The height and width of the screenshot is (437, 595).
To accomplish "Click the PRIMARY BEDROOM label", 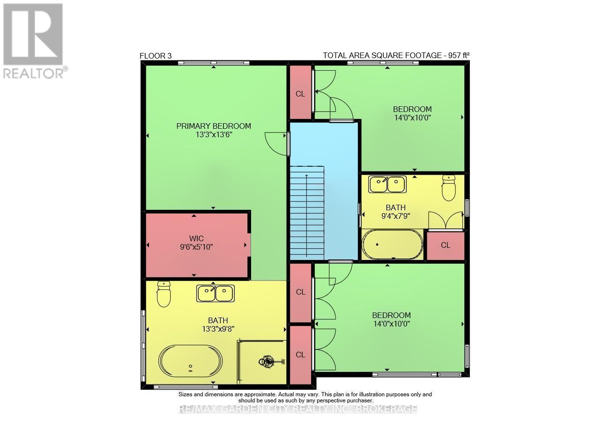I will click(214, 126).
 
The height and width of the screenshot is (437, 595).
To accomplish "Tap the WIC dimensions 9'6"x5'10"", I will click(197, 247).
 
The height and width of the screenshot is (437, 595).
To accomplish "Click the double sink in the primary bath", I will click(216, 294).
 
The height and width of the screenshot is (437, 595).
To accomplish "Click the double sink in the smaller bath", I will click(387, 184).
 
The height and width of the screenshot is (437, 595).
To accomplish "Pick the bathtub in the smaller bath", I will click(392, 244).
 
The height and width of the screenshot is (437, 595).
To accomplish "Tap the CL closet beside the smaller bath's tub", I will click(446, 245).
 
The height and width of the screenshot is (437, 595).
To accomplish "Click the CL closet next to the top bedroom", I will click(300, 94).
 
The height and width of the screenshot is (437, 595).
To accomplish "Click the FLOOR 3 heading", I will click(156, 56).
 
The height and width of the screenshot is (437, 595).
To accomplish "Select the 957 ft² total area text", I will click(396, 55).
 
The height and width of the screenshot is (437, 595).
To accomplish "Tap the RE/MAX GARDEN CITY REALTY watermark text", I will click(298, 409).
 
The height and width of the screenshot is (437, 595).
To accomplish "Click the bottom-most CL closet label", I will click(300, 355).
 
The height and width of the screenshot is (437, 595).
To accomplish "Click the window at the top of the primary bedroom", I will click(214, 63).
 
